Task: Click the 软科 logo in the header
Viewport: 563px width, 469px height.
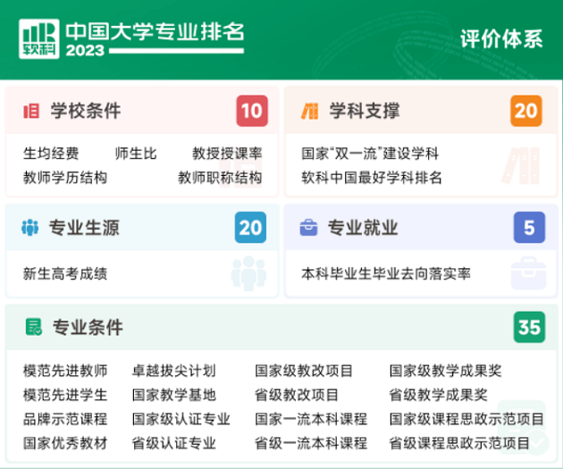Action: coord(39,38)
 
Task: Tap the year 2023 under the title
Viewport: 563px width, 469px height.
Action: coord(85,50)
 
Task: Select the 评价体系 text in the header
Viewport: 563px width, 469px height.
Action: coord(501,38)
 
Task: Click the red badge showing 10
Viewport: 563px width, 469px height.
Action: coord(252,111)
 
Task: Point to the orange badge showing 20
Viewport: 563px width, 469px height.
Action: coord(526,111)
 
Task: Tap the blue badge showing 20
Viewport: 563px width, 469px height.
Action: coord(250,228)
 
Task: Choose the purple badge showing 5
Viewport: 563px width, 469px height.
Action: coord(529,228)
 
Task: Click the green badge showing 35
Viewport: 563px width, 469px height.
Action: coord(529,327)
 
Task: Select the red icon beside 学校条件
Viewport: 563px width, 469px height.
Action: coord(31,111)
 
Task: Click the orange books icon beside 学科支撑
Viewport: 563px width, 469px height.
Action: coord(310,111)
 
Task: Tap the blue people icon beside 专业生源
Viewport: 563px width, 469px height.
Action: coord(30,228)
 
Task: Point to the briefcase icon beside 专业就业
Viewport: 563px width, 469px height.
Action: coord(309,228)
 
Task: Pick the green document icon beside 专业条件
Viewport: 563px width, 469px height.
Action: coord(34,327)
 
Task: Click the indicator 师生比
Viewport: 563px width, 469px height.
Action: coord(136,154)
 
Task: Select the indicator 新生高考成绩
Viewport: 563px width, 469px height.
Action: coord(65,273)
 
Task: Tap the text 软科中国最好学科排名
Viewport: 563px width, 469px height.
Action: coord(372,178)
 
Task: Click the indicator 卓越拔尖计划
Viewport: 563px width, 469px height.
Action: coord(174,371)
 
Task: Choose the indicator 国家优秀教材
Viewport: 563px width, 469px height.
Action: coord(65,443)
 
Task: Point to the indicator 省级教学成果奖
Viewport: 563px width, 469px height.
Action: coord(439,395)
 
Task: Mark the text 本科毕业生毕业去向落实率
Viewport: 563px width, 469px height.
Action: coord(386,273)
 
